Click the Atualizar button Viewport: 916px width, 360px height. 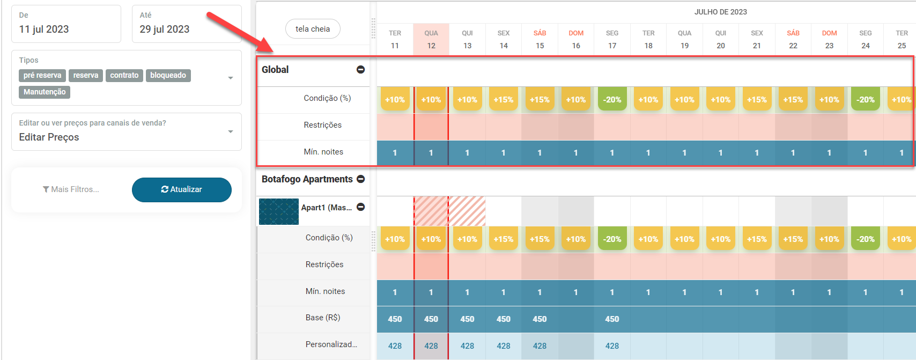[181, 189]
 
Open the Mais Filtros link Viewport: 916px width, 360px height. [71, 189]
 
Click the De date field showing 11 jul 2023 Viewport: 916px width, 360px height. [66, 24]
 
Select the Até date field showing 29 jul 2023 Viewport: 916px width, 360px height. [186, 24]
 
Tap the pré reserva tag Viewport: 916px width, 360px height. [42, 76]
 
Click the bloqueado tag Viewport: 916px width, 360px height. [168, 76]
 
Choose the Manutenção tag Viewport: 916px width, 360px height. [45, 92]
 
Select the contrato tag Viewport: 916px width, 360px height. [124, 76]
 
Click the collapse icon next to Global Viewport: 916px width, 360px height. [361, 70]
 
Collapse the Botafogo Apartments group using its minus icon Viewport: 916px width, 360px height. [361, 179]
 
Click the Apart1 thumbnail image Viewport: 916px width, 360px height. [279, 211]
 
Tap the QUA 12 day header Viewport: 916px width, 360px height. [431, 39]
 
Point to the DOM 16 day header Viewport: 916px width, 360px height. [576, 39]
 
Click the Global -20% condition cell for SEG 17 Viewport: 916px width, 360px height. [612, 100]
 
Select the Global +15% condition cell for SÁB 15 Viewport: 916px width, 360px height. [540, 100]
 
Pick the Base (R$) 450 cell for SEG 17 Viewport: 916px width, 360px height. [612, 319]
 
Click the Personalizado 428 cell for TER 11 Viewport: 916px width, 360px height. [395, 346]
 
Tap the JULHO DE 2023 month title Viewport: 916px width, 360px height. [720, 12]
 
